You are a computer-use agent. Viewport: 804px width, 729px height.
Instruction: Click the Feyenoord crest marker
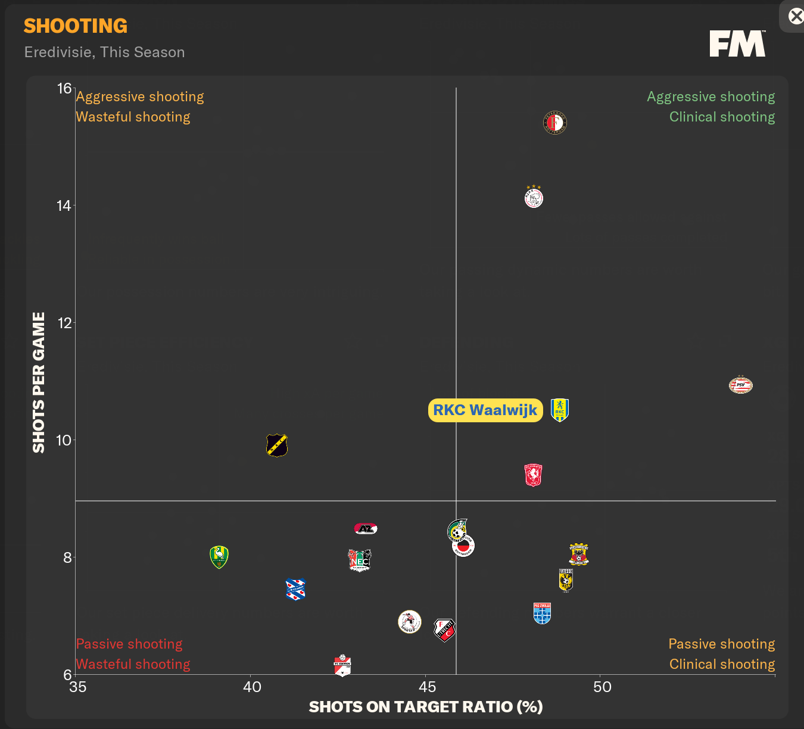pyautogui.click(x=554, y=123)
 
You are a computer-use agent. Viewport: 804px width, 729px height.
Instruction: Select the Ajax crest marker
pyautogui.click(x=534, y=197)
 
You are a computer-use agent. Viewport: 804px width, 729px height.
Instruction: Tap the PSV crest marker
pyautogui.click(x=741, y=385)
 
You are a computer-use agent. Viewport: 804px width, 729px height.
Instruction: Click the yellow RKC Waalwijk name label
pyautogui.click(x=485, y=410)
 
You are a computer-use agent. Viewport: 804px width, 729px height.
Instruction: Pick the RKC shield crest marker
pyautogui.click(x=560, y=410)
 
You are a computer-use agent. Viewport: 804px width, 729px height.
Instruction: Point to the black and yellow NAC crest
pyautogui.click(x=277, y=445)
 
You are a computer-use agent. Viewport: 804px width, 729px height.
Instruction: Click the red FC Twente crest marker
pyautogui.click(x=533, y=475)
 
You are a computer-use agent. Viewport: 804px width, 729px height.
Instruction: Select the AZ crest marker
pyautogui.click(x=366, y=528)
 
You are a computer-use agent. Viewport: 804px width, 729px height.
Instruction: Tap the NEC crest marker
pyautogui.click(x=360, y=560)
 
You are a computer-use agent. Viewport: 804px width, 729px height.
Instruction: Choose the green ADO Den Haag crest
pyautogui.click(x=219, y=557)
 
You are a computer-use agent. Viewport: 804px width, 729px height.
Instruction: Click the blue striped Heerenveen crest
pyautogui.click(x=295, y=589)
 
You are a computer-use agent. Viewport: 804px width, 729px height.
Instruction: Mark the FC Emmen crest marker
pyautogui.click(x=342, y=665)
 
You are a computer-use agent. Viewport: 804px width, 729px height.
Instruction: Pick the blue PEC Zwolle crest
pyautogui.click(x=542, y=613)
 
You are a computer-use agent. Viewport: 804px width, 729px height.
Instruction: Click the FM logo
pyautogui.click(x=737, y=44)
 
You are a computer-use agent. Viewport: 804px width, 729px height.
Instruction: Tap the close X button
pyautogui.click(x=796, y=16)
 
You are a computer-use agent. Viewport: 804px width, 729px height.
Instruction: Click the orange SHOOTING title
pyautogui.click(x=76, y=26)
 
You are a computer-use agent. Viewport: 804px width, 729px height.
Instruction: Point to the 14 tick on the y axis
pyautogui.click(x=64, y=206)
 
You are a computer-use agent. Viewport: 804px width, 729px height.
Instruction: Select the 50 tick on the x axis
pyautogui.click(x=602, y=687)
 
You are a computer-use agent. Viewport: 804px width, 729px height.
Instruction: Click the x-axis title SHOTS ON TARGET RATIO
pyautogui.click(x=426, y=707)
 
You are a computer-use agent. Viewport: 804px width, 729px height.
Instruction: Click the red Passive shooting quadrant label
pyautogui.click(x=129, y=644)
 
